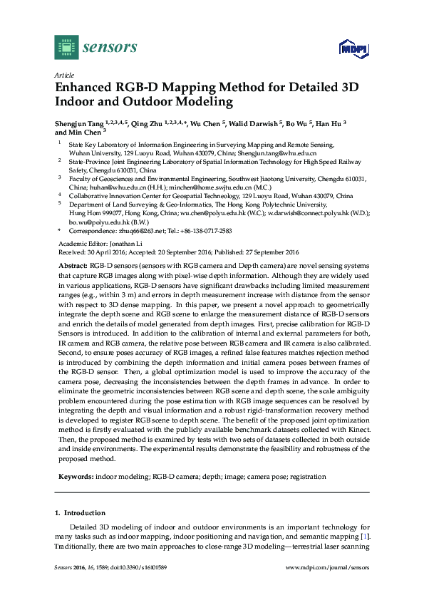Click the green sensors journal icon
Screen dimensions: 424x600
point(66,47)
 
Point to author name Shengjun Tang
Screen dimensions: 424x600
point(79,123)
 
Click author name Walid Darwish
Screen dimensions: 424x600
point(254,123)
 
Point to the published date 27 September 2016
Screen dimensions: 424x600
point(274,251)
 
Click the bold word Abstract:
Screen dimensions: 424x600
point(73,265)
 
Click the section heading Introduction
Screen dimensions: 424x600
point(85,513)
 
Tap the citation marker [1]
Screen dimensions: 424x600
point(366,535)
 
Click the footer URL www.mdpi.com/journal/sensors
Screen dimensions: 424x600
point(327,567)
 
